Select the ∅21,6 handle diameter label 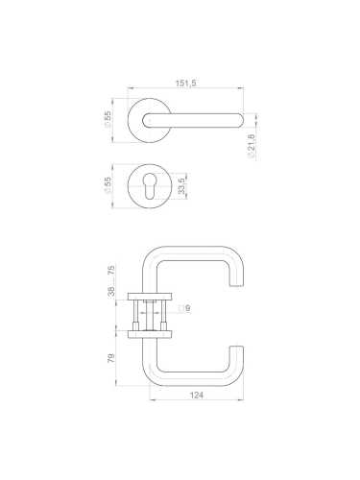pos(252,147)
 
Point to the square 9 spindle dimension pos(187,308)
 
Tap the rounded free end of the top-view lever pos(235,120)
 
